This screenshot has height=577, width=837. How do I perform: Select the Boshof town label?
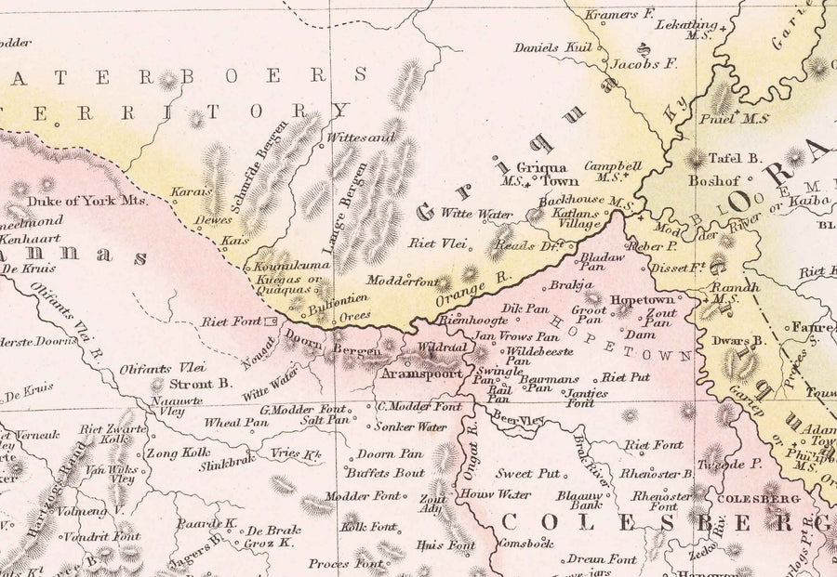(x=712, y=181)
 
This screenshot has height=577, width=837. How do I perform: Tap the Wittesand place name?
(x=352, y=137)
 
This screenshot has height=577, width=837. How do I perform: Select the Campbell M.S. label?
(x=613, y=170)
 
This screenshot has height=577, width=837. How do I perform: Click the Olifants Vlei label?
(x=162, y=368)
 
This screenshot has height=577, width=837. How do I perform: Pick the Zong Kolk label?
(x=178, y=454)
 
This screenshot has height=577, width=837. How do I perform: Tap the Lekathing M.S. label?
(x=686, y=30)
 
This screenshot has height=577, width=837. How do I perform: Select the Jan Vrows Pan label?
(x=516, y=336)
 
